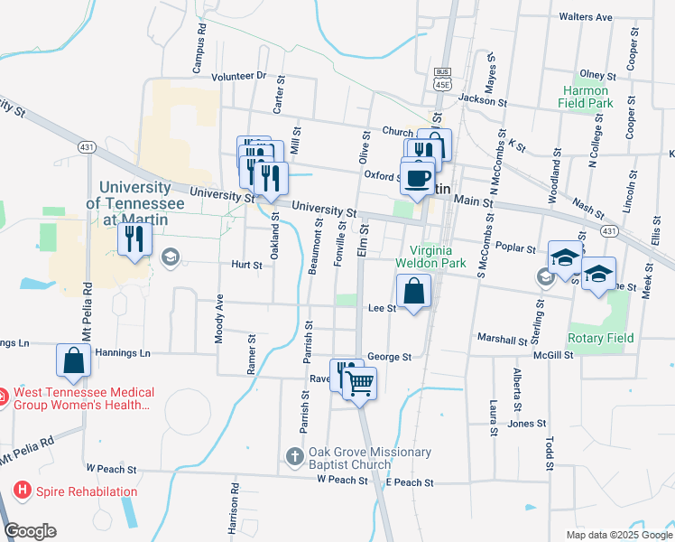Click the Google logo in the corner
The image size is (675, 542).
point(29,531)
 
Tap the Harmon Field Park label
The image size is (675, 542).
point(587,97)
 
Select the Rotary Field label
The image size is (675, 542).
point(600,338)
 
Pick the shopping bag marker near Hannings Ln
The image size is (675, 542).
point(73,360)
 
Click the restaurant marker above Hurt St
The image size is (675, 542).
point(135,239)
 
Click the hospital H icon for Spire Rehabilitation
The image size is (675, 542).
point(23,491)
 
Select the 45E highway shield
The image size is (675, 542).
point(442,85)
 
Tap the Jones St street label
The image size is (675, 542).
point(527,423)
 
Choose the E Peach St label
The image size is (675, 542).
point(410,482)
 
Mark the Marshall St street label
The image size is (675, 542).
point(502,341)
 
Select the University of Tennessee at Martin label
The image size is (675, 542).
point(134,196)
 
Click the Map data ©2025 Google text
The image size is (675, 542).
point(619,534)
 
